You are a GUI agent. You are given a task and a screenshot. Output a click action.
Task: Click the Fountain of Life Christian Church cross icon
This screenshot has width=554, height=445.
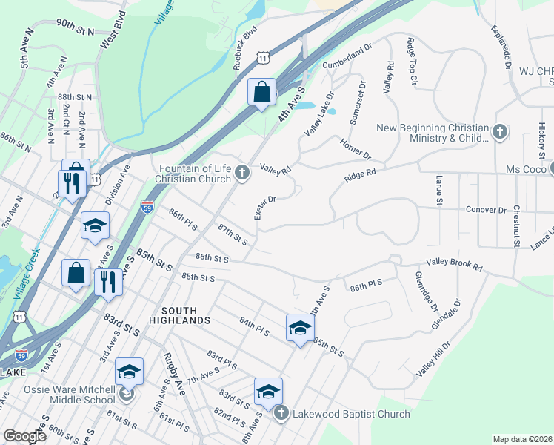242,174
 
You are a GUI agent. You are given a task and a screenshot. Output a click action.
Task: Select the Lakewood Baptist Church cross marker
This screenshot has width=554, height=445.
281,413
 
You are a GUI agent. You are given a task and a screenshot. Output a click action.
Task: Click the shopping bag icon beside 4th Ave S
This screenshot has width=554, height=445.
261,93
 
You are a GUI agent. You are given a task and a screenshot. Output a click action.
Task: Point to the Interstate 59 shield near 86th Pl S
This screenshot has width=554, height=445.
147,206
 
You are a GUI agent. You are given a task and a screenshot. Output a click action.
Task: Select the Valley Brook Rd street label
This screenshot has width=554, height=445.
454,264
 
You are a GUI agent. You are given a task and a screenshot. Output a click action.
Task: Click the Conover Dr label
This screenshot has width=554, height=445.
486,209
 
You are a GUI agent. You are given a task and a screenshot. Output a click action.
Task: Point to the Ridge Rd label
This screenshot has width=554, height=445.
361,176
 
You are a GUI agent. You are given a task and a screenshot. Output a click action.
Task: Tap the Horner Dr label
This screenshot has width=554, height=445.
355,148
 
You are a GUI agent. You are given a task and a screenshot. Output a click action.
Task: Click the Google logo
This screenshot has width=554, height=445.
24,436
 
